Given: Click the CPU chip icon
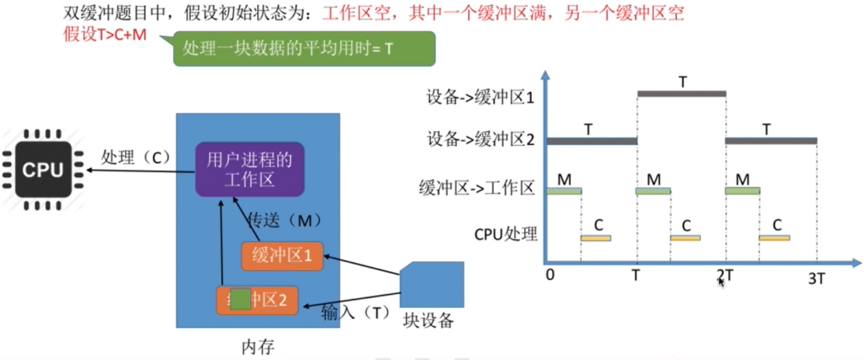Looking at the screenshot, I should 43,169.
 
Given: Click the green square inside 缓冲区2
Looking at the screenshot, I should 241,299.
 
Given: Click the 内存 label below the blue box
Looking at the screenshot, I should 258,344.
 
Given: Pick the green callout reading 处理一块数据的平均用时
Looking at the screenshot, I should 304,48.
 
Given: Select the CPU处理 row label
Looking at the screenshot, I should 505,231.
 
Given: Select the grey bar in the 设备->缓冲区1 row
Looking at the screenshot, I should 681,94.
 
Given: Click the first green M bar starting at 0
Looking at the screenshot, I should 564,191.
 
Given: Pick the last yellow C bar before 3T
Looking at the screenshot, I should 774,237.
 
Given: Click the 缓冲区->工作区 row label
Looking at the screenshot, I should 488,189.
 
